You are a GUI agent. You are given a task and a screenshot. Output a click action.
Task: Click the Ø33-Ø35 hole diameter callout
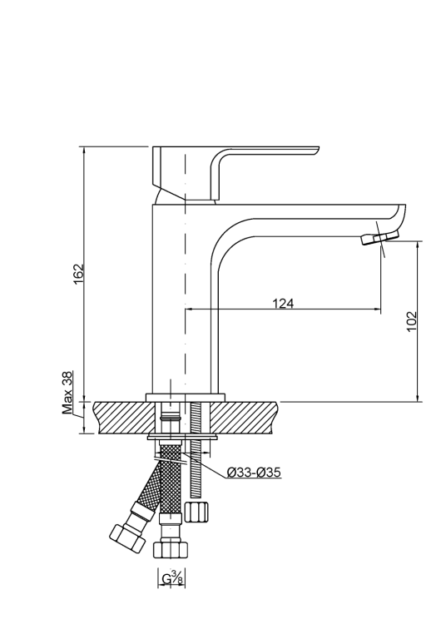254,473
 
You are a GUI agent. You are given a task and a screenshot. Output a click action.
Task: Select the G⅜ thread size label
171,577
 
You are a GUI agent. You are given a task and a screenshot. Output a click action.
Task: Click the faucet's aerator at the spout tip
374,240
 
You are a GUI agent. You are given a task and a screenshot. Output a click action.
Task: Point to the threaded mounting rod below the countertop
196,466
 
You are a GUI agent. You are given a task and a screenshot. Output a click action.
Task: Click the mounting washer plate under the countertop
183,436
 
